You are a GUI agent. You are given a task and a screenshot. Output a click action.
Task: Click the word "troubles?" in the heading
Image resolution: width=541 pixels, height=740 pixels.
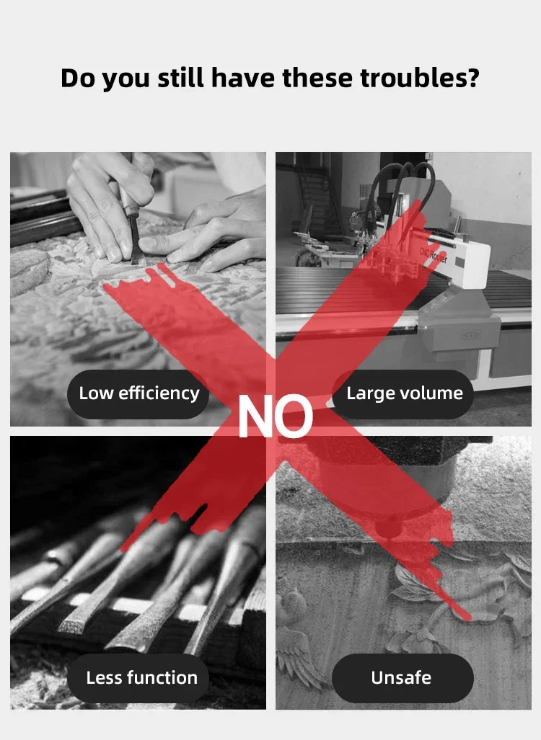[x=420, y=79]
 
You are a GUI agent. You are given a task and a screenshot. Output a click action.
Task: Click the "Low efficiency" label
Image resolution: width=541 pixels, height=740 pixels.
[x=138, y=394]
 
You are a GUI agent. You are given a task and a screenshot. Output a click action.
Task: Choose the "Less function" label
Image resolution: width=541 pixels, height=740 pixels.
[x=138, y=678]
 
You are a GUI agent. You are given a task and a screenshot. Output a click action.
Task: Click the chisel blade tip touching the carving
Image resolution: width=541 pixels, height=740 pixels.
[x=139, y=261]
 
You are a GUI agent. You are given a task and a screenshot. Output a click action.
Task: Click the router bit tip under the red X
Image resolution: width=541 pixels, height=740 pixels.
[x=388, y=532]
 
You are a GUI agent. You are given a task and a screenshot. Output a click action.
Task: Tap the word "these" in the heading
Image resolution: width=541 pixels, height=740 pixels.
[x=317, y=79]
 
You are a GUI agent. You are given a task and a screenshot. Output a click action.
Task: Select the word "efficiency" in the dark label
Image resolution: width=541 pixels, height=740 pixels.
[x=159, y=393]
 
